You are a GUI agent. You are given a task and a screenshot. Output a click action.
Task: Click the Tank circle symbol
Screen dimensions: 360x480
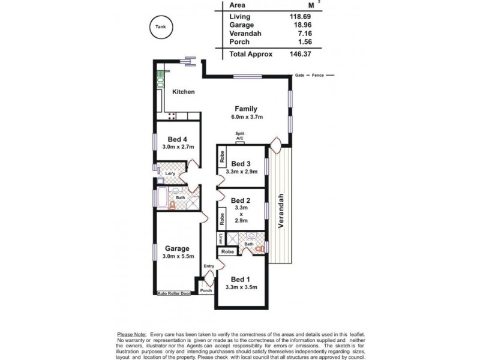[x=160, y=27]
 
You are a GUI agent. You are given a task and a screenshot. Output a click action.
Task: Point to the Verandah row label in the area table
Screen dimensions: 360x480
[x=246, y=34]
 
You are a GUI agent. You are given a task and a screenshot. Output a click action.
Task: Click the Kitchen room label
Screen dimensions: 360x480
[x=184, y=92]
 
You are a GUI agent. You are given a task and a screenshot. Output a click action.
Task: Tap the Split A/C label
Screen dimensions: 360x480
[x=240, y=136]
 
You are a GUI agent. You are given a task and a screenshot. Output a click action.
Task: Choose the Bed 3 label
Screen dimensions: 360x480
[x=241, y=164]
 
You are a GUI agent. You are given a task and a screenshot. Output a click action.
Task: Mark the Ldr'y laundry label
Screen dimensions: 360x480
[x=170, y=174]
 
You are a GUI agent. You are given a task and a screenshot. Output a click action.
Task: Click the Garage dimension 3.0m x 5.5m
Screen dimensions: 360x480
[x=177, y=256]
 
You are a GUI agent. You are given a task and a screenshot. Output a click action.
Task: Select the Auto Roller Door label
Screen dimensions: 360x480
[x=173, y=293]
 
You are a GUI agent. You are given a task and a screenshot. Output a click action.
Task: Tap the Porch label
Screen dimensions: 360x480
[x=206, y=290]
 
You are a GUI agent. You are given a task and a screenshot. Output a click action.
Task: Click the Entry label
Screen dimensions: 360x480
[x=208, y=266]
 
